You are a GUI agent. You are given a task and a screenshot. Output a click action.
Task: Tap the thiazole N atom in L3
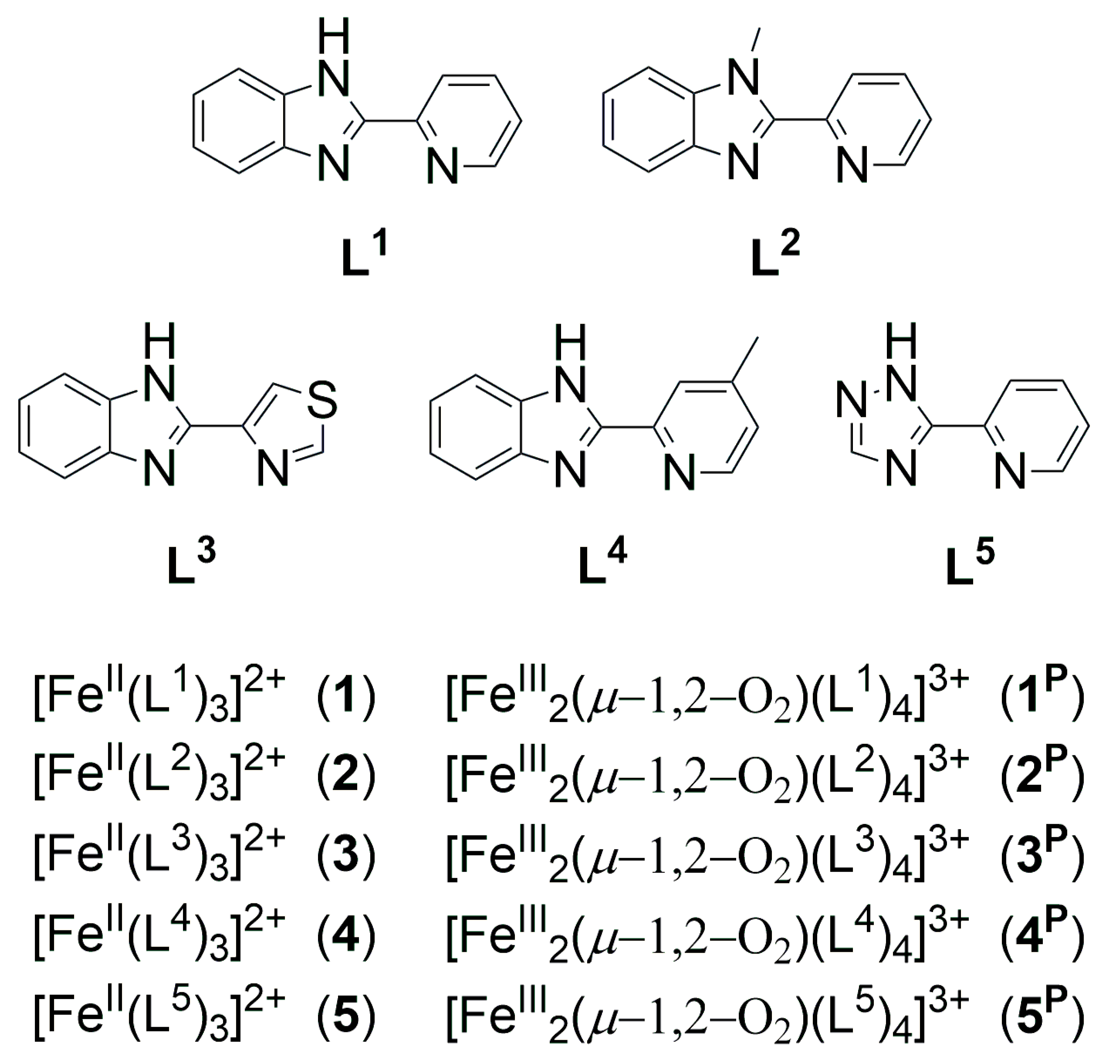coord(273,470)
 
